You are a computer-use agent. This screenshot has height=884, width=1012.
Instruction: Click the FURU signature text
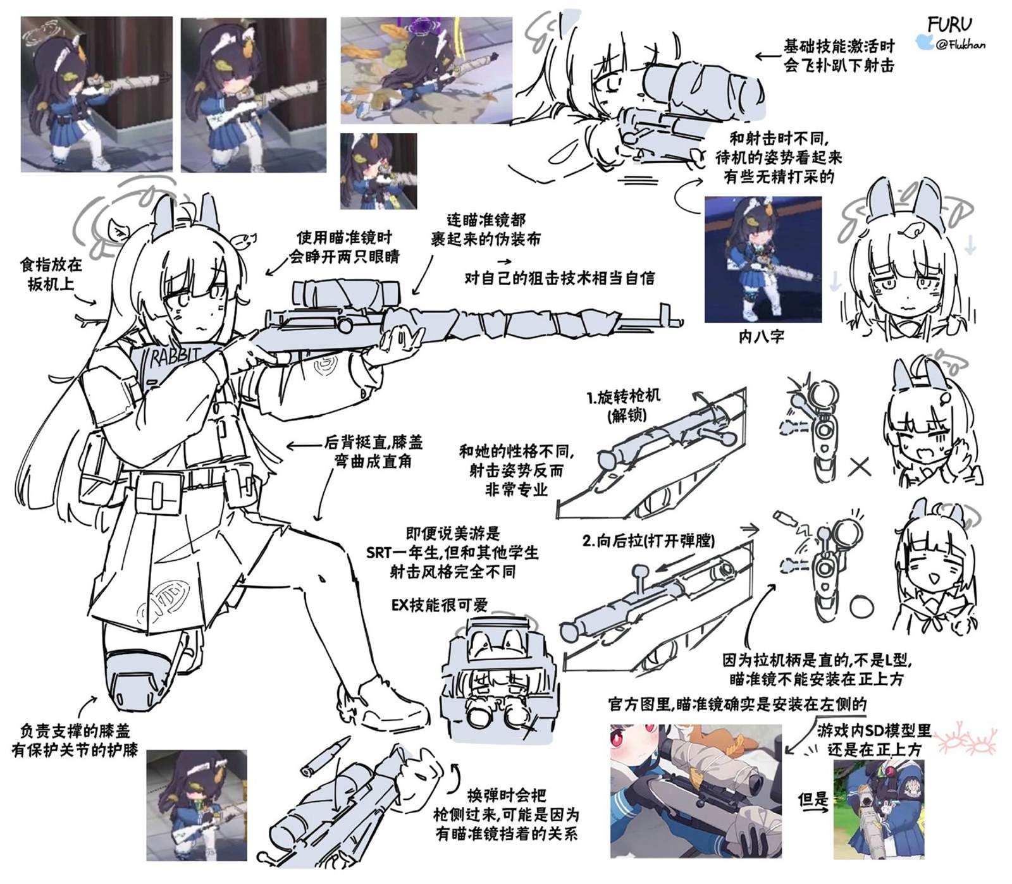[x=949, y=25]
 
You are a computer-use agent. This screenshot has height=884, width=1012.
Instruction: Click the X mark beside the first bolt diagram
[x=860, y=467]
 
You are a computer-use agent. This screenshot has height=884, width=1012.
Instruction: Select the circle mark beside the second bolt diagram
[x=861, y=608]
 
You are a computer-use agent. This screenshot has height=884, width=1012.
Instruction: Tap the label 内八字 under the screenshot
[x=762, y=336]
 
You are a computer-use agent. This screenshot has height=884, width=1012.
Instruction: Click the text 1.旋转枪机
[x=623, y=397]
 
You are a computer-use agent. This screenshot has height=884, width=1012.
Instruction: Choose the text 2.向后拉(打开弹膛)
[x=648, y=541]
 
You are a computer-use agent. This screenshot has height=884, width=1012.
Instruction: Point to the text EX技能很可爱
[x=440, y=605]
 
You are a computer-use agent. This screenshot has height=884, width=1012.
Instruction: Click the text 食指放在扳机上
[x=51, y=274]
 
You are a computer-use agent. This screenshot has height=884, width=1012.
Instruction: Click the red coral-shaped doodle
[x=966, y=740]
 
